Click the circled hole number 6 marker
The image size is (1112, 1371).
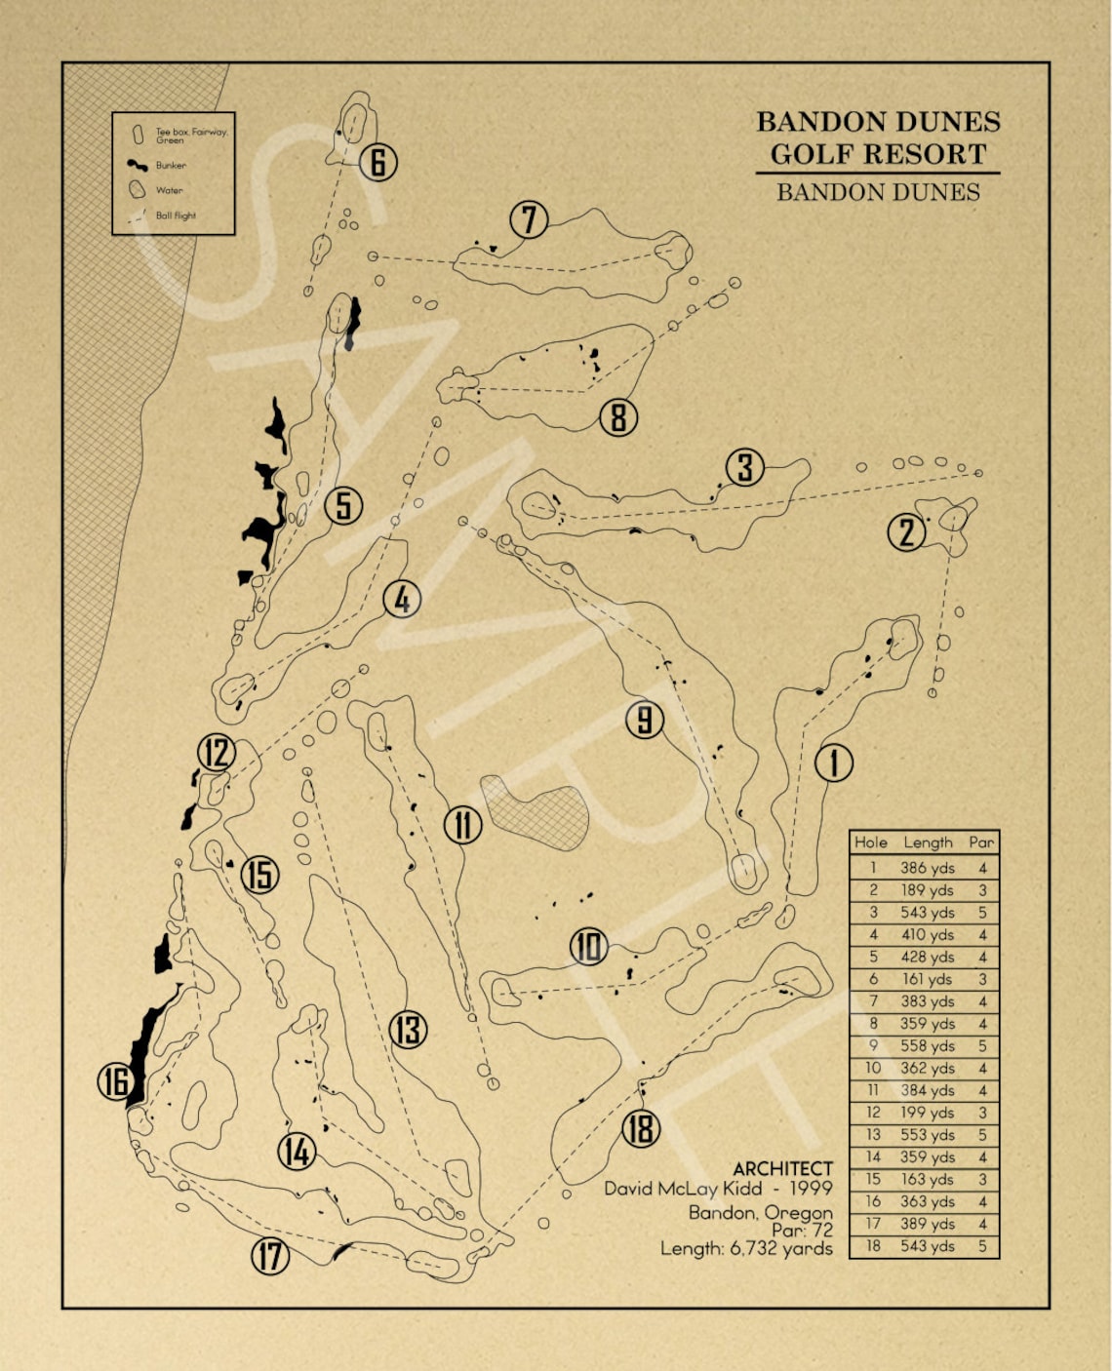point(377,162)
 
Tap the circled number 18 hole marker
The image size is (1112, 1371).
point(641,1128)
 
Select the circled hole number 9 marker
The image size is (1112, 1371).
point(644,720)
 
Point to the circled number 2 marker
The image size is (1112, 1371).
point(906,532)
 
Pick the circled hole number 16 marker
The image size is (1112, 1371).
point(116,1081)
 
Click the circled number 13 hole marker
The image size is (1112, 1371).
point(408,1030)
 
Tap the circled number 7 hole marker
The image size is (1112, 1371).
point(529,219)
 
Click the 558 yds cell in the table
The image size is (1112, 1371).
point(927,1045)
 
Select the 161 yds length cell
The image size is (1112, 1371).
point(927,979)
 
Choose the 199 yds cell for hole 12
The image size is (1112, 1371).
point(927,1113)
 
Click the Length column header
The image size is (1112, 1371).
point(927,842)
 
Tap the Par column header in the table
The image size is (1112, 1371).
point(981,842)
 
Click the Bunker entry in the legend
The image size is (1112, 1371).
point(171,166)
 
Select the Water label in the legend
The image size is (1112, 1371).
point(169,191)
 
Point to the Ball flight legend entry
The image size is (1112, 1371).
point(176,215)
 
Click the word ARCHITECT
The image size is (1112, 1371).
point(782,1168)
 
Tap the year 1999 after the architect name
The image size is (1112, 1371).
point(811,1189)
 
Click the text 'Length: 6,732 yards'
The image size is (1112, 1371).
point(746,1248)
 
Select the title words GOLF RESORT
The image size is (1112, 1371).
point(878,154)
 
